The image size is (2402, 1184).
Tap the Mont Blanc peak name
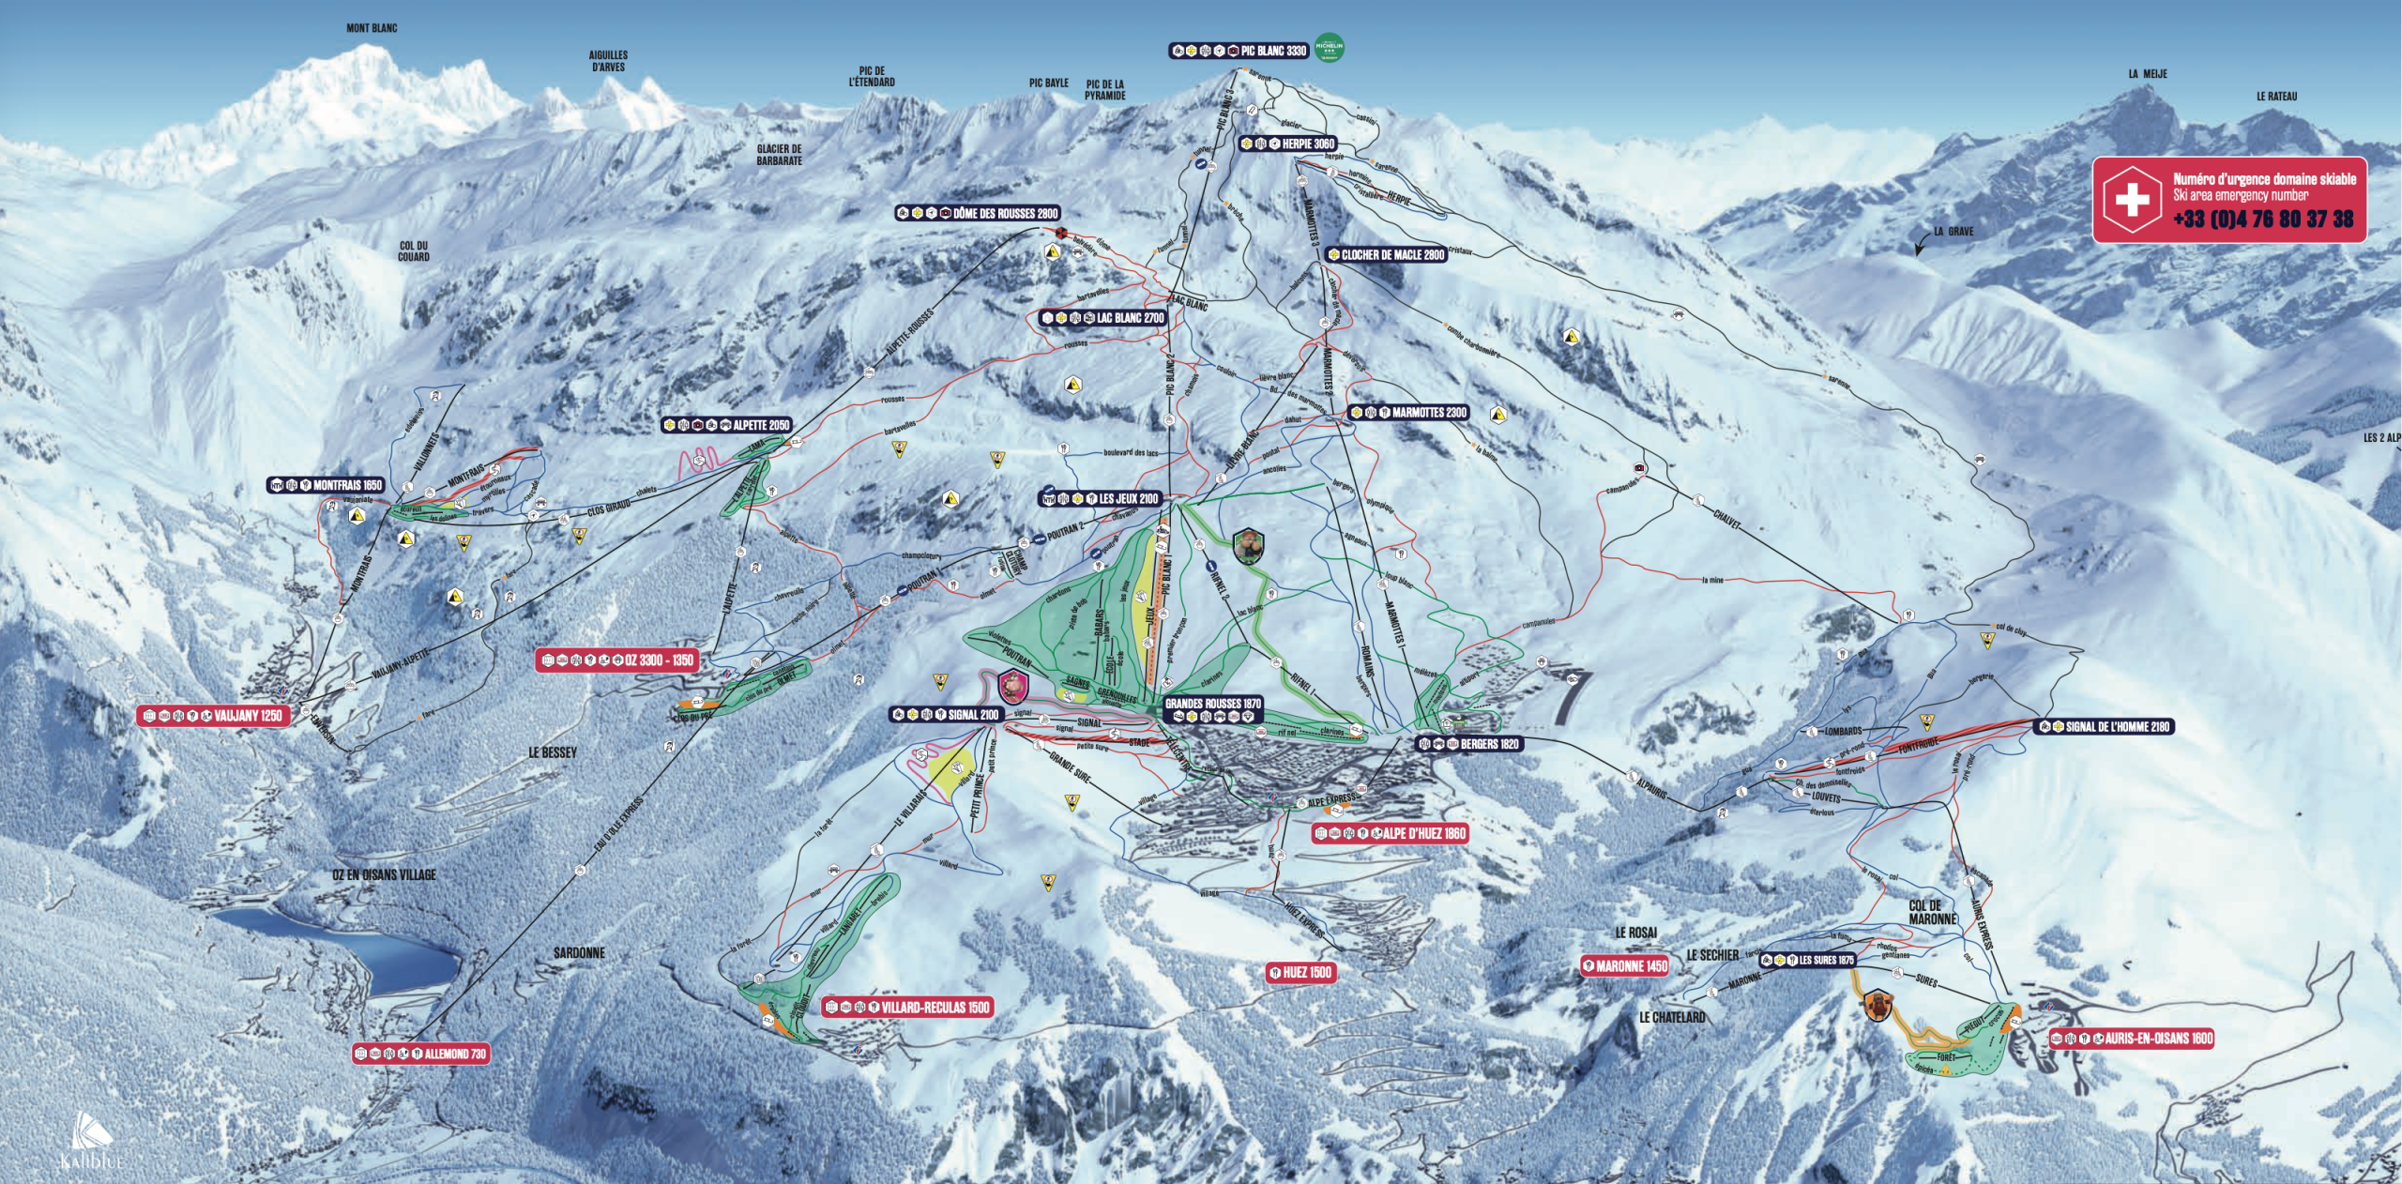pos(372,28)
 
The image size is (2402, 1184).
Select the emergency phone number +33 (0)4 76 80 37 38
pos(2263,219)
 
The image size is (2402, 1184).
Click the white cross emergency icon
pos(2132,199)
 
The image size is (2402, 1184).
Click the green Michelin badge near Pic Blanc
pos(1329,47)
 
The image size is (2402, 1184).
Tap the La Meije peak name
pos(2148,74)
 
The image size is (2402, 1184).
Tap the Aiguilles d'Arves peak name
pos(609,61)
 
